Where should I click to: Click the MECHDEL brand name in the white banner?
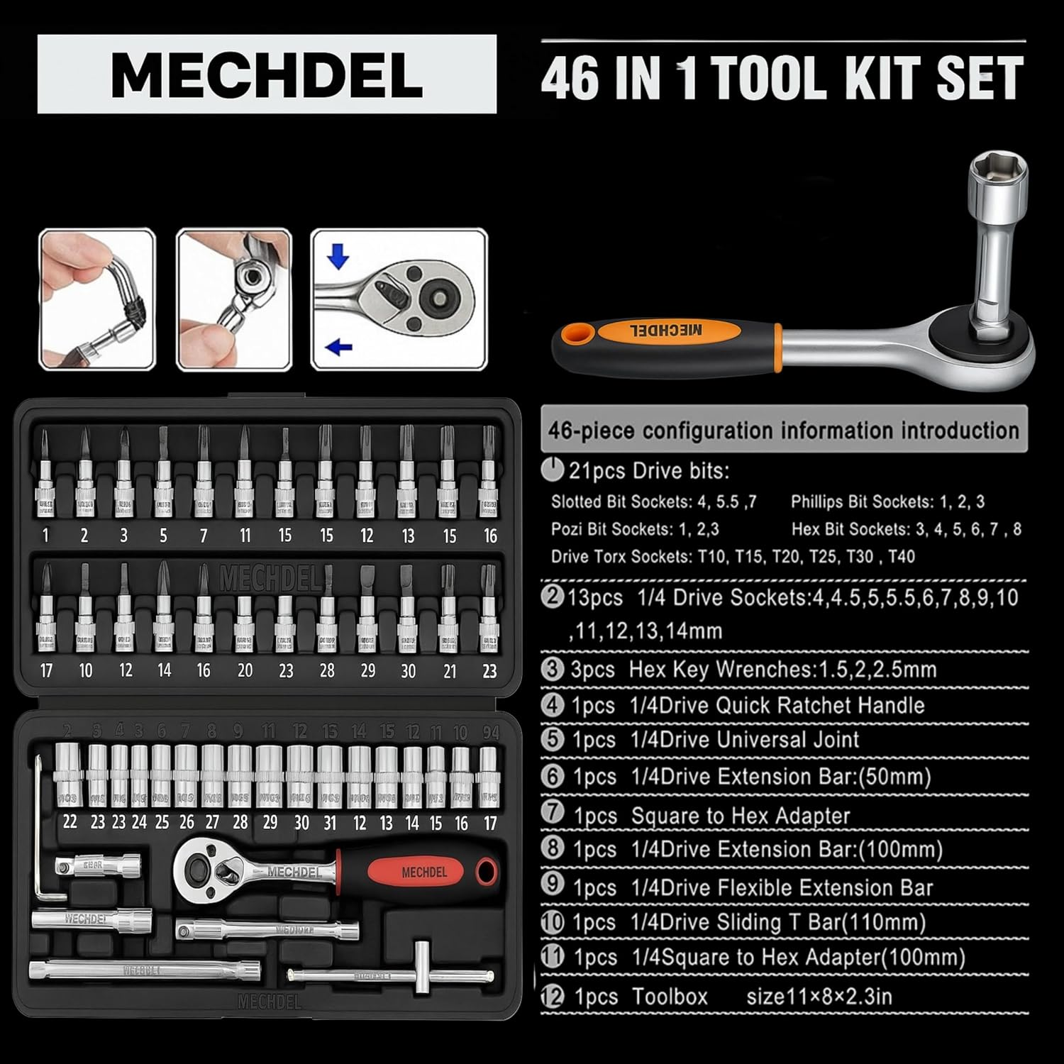[267, 74]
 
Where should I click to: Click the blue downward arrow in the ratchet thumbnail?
[338, 256]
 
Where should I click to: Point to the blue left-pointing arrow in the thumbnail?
[340, 347]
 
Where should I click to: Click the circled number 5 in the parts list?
[552, 739]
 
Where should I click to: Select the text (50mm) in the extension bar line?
[894, 776]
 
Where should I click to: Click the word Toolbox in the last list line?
[670, 997]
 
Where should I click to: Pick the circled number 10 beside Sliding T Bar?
[552, 922]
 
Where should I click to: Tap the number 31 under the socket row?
[329, 823]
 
